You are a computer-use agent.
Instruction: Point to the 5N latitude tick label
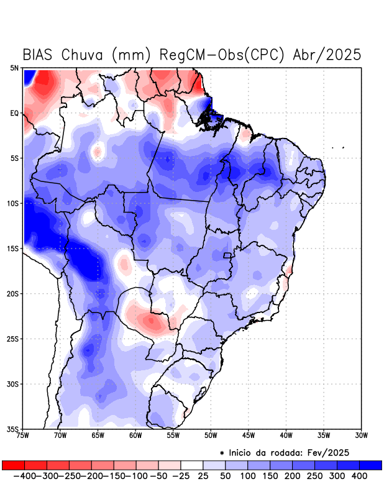pyautogui.click(x=14, y=68)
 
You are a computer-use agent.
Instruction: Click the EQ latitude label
pyautogui.click(x=14, y=113)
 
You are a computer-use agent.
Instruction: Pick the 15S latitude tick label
pyautogui.click(x=13, y=248)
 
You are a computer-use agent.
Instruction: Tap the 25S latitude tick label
pyautogui.click(x=13, y=339)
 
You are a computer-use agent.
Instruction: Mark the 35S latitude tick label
pyautogui.click(x=13, y=429)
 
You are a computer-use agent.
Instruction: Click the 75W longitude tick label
pyautogui.click(x=23, y=435)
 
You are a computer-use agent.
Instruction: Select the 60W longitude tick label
pyautogui.click(x=135, y=435)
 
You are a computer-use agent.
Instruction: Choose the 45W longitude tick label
pyautogui.click(x=249, y=435)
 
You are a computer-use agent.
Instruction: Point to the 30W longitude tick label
pyautogui.click(x=361, y=435)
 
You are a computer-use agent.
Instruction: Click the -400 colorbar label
pyautogui.click(x=24, y=476)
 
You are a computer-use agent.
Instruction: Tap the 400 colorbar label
pyautogui.click(x=359, y=476)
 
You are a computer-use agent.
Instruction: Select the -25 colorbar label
pyautogui.click(x=180, y=476)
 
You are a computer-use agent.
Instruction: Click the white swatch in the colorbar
pyautogui.click(x=192, y=465)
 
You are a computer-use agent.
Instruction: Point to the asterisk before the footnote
pyautogui.click(x=222, y=452)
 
